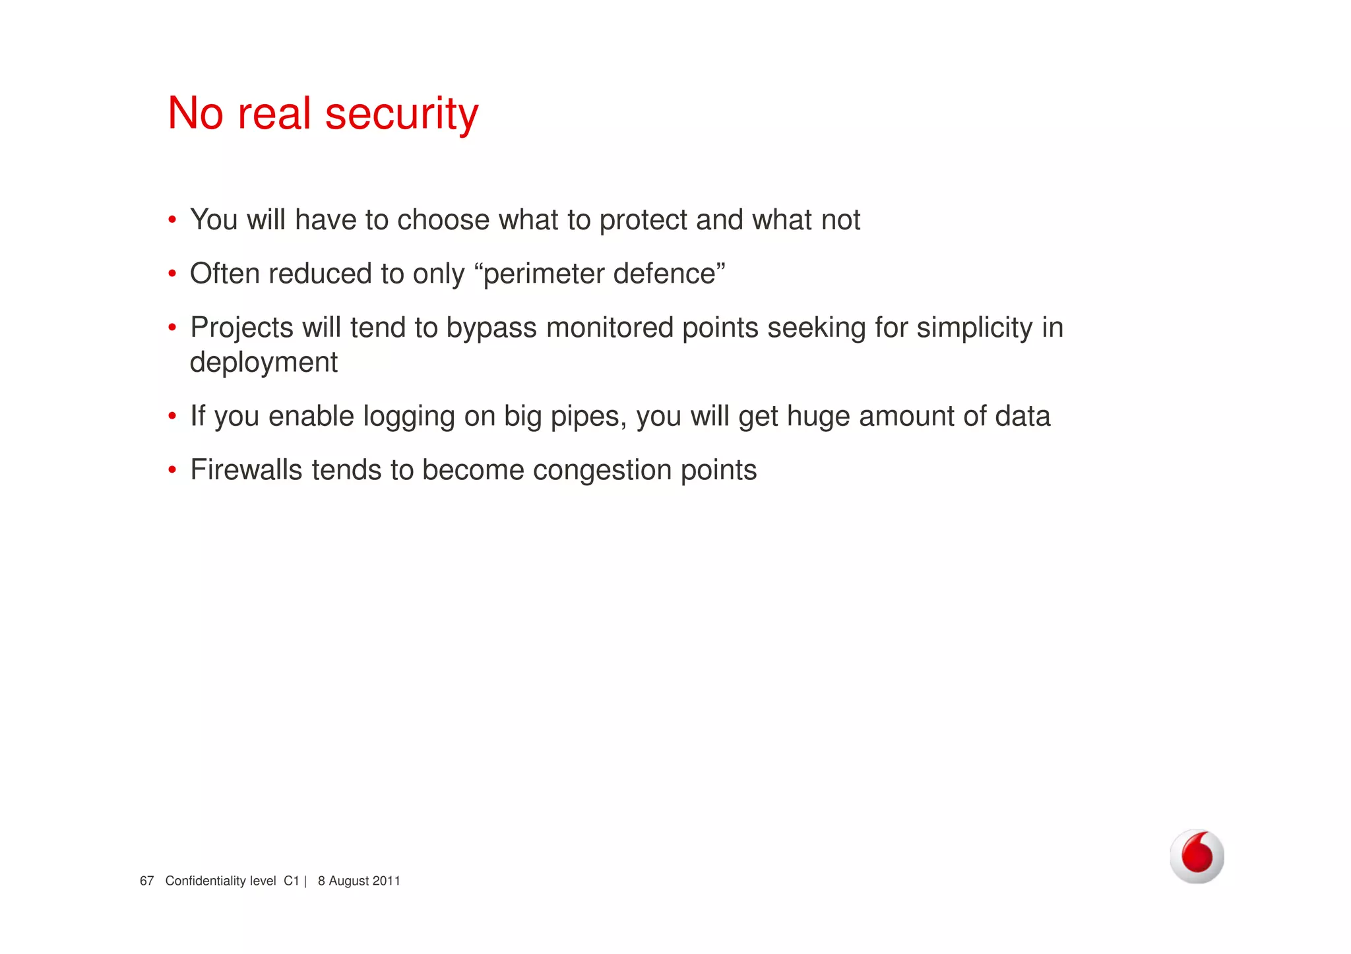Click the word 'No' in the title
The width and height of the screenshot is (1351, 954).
pos(195,113)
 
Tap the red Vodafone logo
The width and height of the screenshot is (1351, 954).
pos(1197,856)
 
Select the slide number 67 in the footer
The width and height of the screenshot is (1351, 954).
pos(146,881)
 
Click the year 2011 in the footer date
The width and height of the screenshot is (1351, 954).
pos(387,881)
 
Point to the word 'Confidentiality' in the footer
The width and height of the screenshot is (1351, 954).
pos(220,881)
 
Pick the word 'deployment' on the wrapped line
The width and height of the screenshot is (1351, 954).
pos(264,363)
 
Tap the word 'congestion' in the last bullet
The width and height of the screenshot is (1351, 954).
pos(602,471)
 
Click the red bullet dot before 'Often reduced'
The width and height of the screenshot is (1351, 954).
pos(172,274)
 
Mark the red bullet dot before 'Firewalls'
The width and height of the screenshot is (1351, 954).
pos(172,470)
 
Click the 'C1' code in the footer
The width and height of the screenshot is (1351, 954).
pos(292,881)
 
